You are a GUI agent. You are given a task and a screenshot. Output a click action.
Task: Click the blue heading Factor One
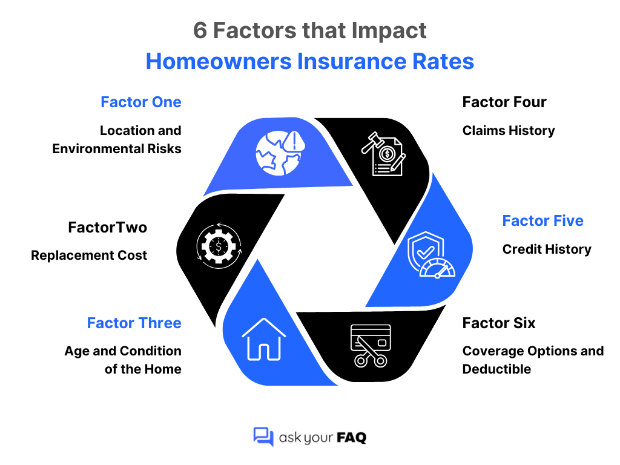click(141, 102)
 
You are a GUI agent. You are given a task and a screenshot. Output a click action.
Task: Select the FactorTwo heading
click(107, 227)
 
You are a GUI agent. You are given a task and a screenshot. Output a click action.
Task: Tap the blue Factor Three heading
click(134, 323)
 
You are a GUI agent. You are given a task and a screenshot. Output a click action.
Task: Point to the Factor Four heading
click(504, 102)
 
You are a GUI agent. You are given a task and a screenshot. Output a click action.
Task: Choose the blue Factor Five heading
click(542, 220)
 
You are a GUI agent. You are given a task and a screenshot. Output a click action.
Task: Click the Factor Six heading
click(499, 323)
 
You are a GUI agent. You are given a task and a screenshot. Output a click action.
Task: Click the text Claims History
click(509, 130)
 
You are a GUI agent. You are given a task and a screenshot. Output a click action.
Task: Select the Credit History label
click(547, 249)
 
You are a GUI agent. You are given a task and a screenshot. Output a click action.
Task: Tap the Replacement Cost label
click(89, 255)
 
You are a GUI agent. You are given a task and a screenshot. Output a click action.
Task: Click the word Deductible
click(496, 369)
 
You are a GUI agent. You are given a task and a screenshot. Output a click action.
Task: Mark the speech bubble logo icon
click(263, 437)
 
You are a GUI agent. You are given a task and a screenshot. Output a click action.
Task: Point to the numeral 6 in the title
click(200, 30)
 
